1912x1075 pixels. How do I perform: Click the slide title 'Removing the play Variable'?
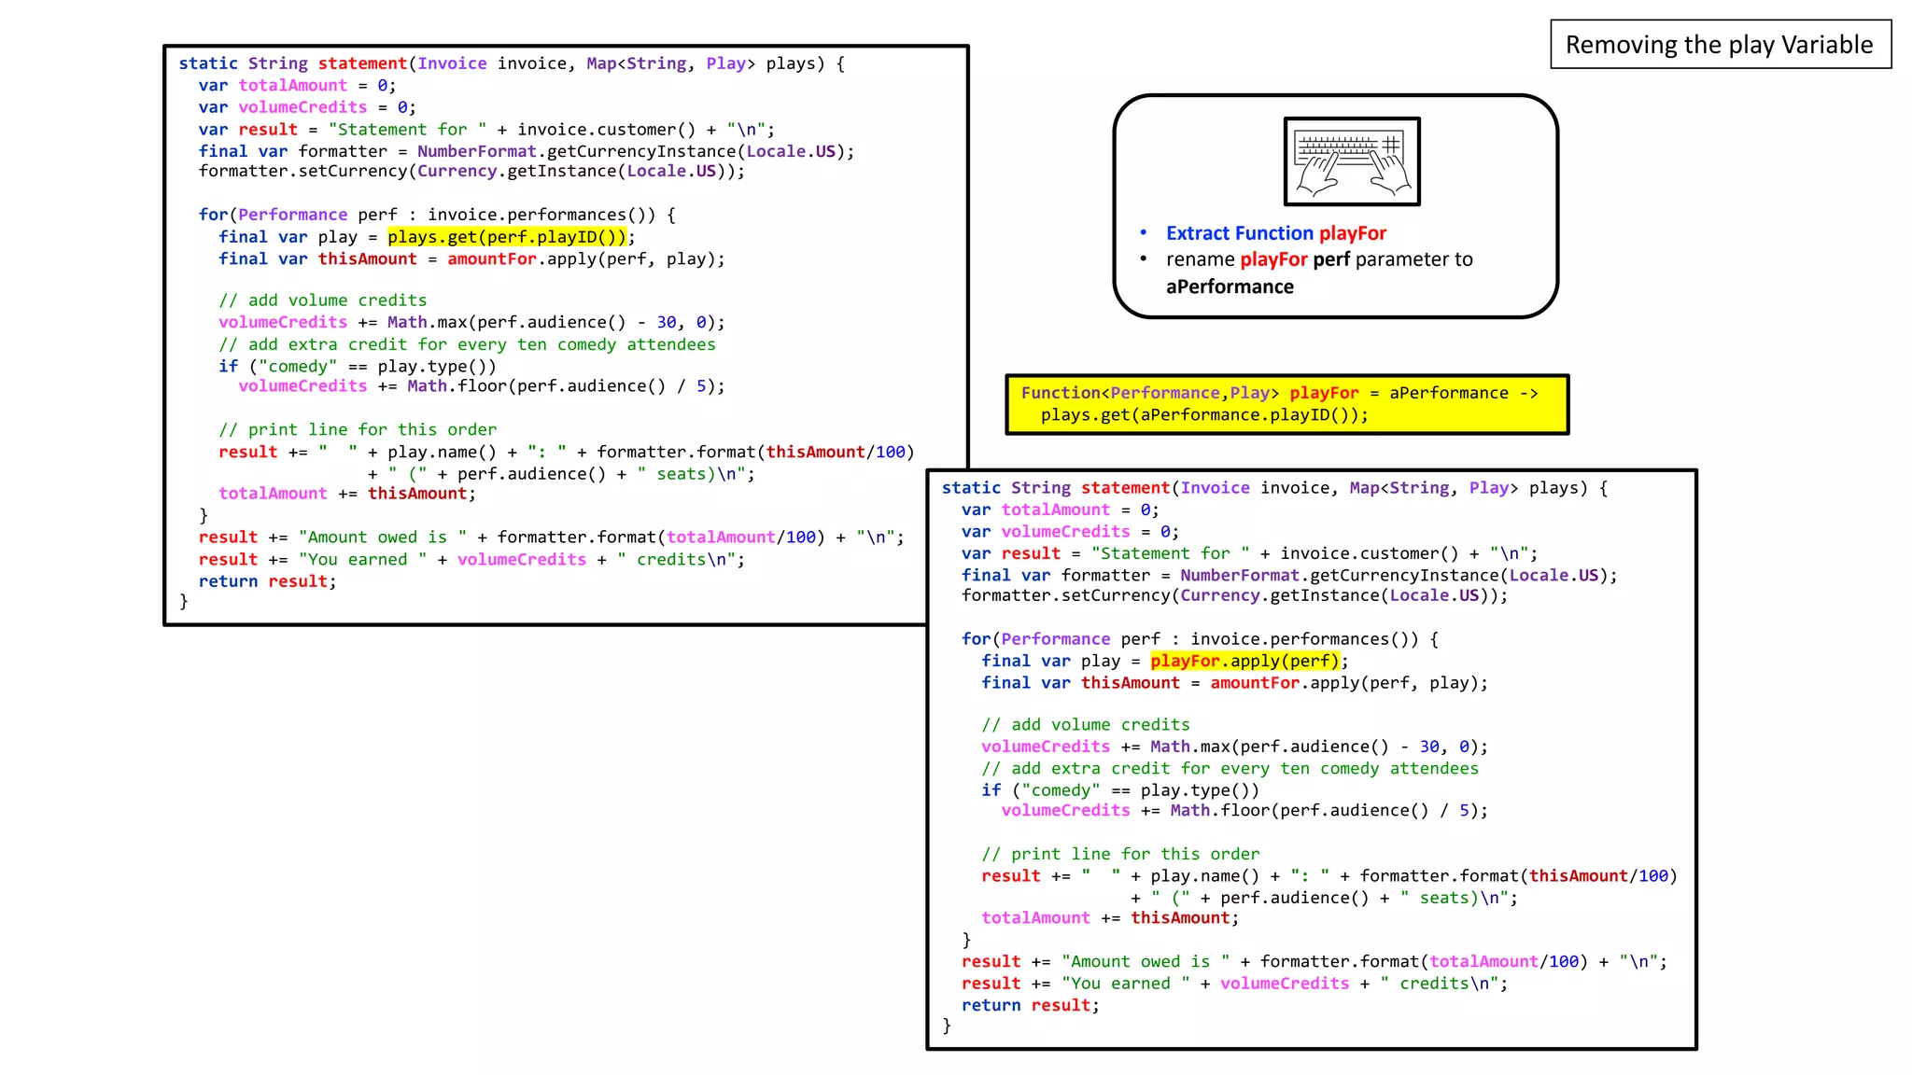pyautogui.click(x=1719, y=45)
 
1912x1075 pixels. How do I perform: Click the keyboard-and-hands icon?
pyautogui.click(x=1352, y=161)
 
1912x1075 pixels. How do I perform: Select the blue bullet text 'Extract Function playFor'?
pyautogui.click(x=1276, y=233)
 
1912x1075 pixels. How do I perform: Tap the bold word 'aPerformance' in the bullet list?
pyautogui.click(x=1230, y=286)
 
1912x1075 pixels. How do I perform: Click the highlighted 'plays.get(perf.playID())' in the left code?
pyautogui.click(x=507, y=237)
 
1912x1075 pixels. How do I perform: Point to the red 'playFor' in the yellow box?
pyautogui.click(x=1324, y=393)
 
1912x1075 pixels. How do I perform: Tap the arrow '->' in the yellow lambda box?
pyautogui.click(x=1528, y=393)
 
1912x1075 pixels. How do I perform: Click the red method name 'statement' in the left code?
pyautogui.click(x=362, y=63)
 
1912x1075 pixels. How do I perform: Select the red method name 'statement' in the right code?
pyautogui.click(x=1125, y=488)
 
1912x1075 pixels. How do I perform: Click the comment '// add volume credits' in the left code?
pyautogui.click(x=322, y=300)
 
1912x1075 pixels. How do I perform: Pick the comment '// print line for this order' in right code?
pyautogui.click(x=1120, y=854)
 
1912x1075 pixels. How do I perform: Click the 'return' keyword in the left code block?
pyautogui.click(x=228, y=581)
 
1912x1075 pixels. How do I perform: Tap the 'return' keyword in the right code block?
pyautogui.click(x=991, y=1005)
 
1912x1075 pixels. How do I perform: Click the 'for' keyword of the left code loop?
pyautogui.click(x=213, y=215)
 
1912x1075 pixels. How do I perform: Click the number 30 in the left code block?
pyautogui.click(x=667, y=322)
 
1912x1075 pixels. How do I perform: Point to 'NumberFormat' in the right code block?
pyautogui.click(x=1239, y=576)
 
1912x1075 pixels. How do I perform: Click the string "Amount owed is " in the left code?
pyautogui.click(x=383, y=537)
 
